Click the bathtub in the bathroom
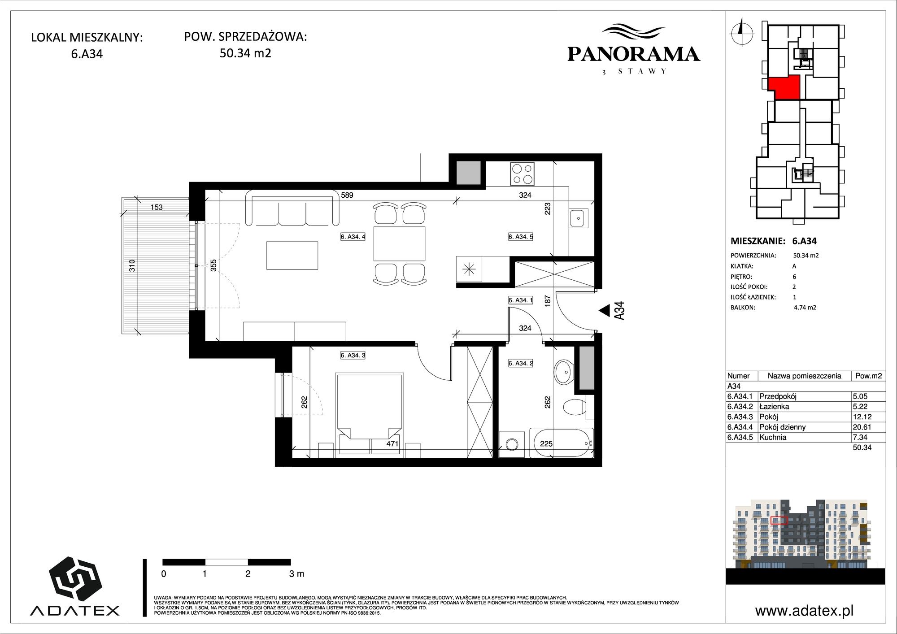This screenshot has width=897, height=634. (x=562, y=443)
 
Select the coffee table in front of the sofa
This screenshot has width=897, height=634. (x=292, y=255)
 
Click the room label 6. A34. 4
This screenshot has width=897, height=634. (x=353, y=237)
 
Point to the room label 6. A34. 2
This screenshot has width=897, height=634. (x=521, y=363)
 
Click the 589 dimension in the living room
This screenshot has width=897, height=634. (x=347, y=195)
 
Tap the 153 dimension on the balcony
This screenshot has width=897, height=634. (x=157, y=207)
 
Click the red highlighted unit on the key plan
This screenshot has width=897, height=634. (x=784, y=87)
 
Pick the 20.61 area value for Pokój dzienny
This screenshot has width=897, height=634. (x=862, y=427)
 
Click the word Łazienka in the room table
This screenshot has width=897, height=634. (x=774, y=407)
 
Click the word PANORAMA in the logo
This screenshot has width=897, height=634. (x=634, y=54)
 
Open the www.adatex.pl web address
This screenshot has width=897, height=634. (x=804, y=611)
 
